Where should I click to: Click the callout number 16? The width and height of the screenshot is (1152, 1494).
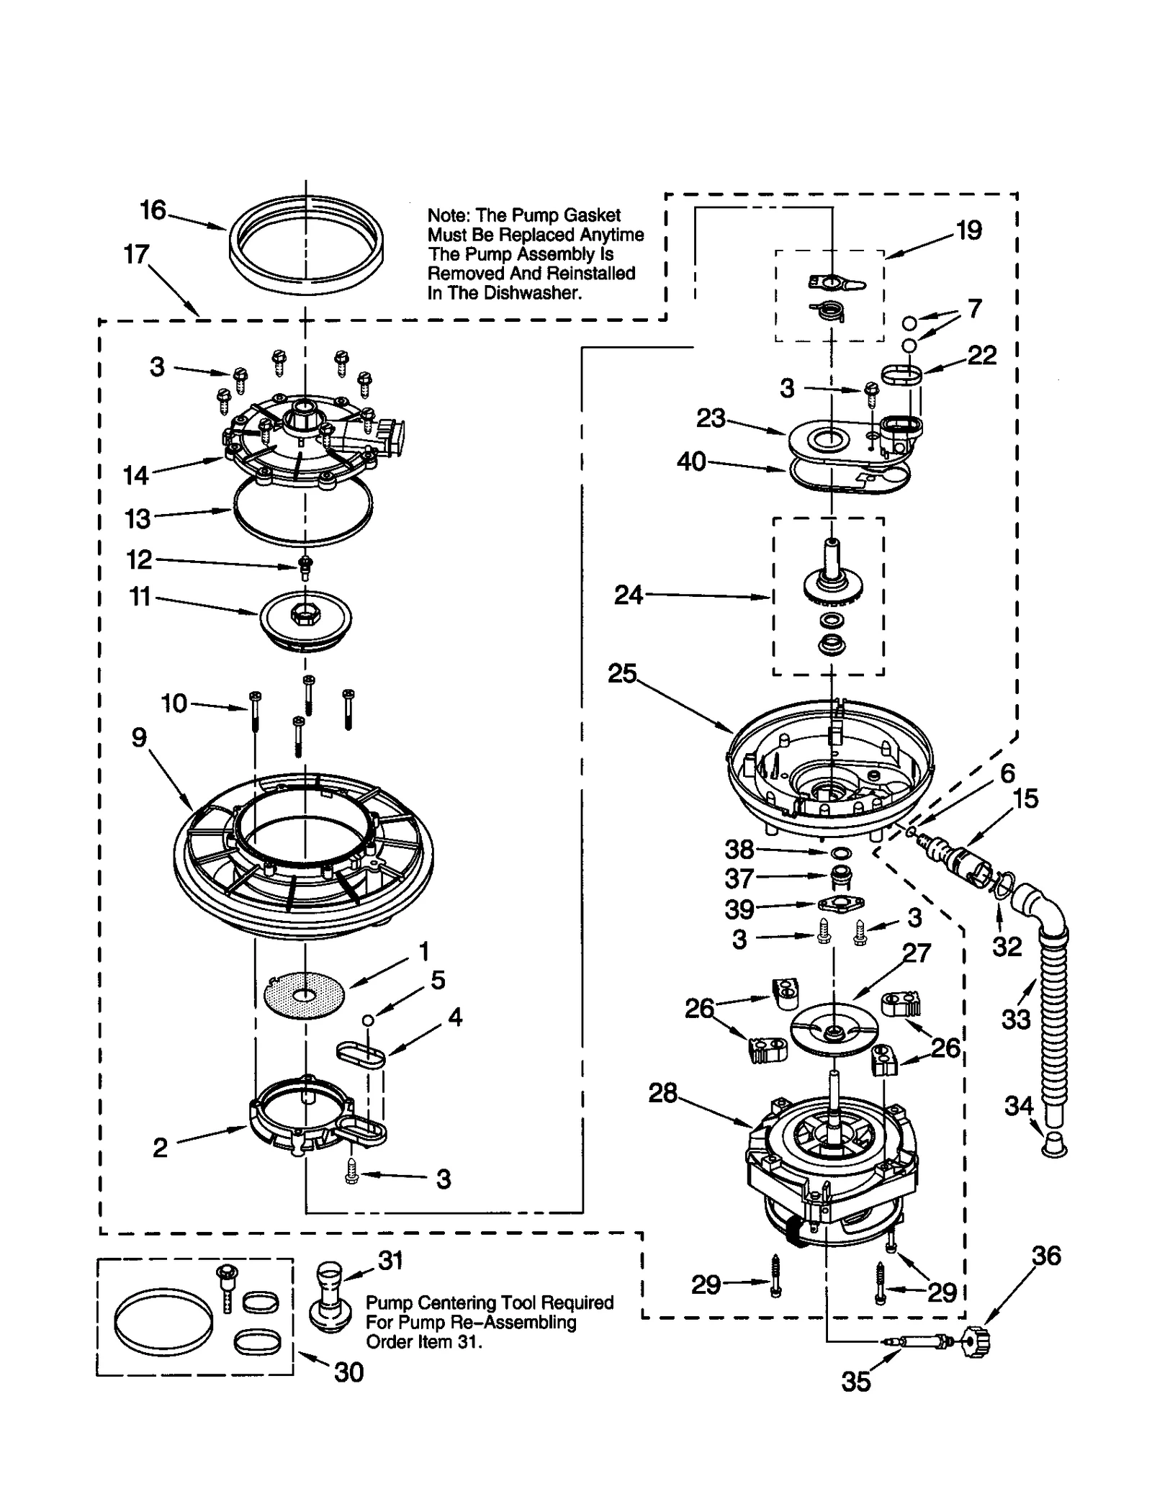pos(153,210)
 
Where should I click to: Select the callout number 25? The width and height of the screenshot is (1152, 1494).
pos(622,673)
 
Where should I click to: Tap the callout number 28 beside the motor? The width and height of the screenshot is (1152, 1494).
pos(662,1093)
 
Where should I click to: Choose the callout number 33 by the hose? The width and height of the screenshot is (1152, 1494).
pos(1016,1019)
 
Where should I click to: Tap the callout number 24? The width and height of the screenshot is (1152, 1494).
pos(628,595)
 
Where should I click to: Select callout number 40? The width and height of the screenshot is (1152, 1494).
pos(691,462)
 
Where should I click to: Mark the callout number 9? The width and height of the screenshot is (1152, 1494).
pos(139,737)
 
